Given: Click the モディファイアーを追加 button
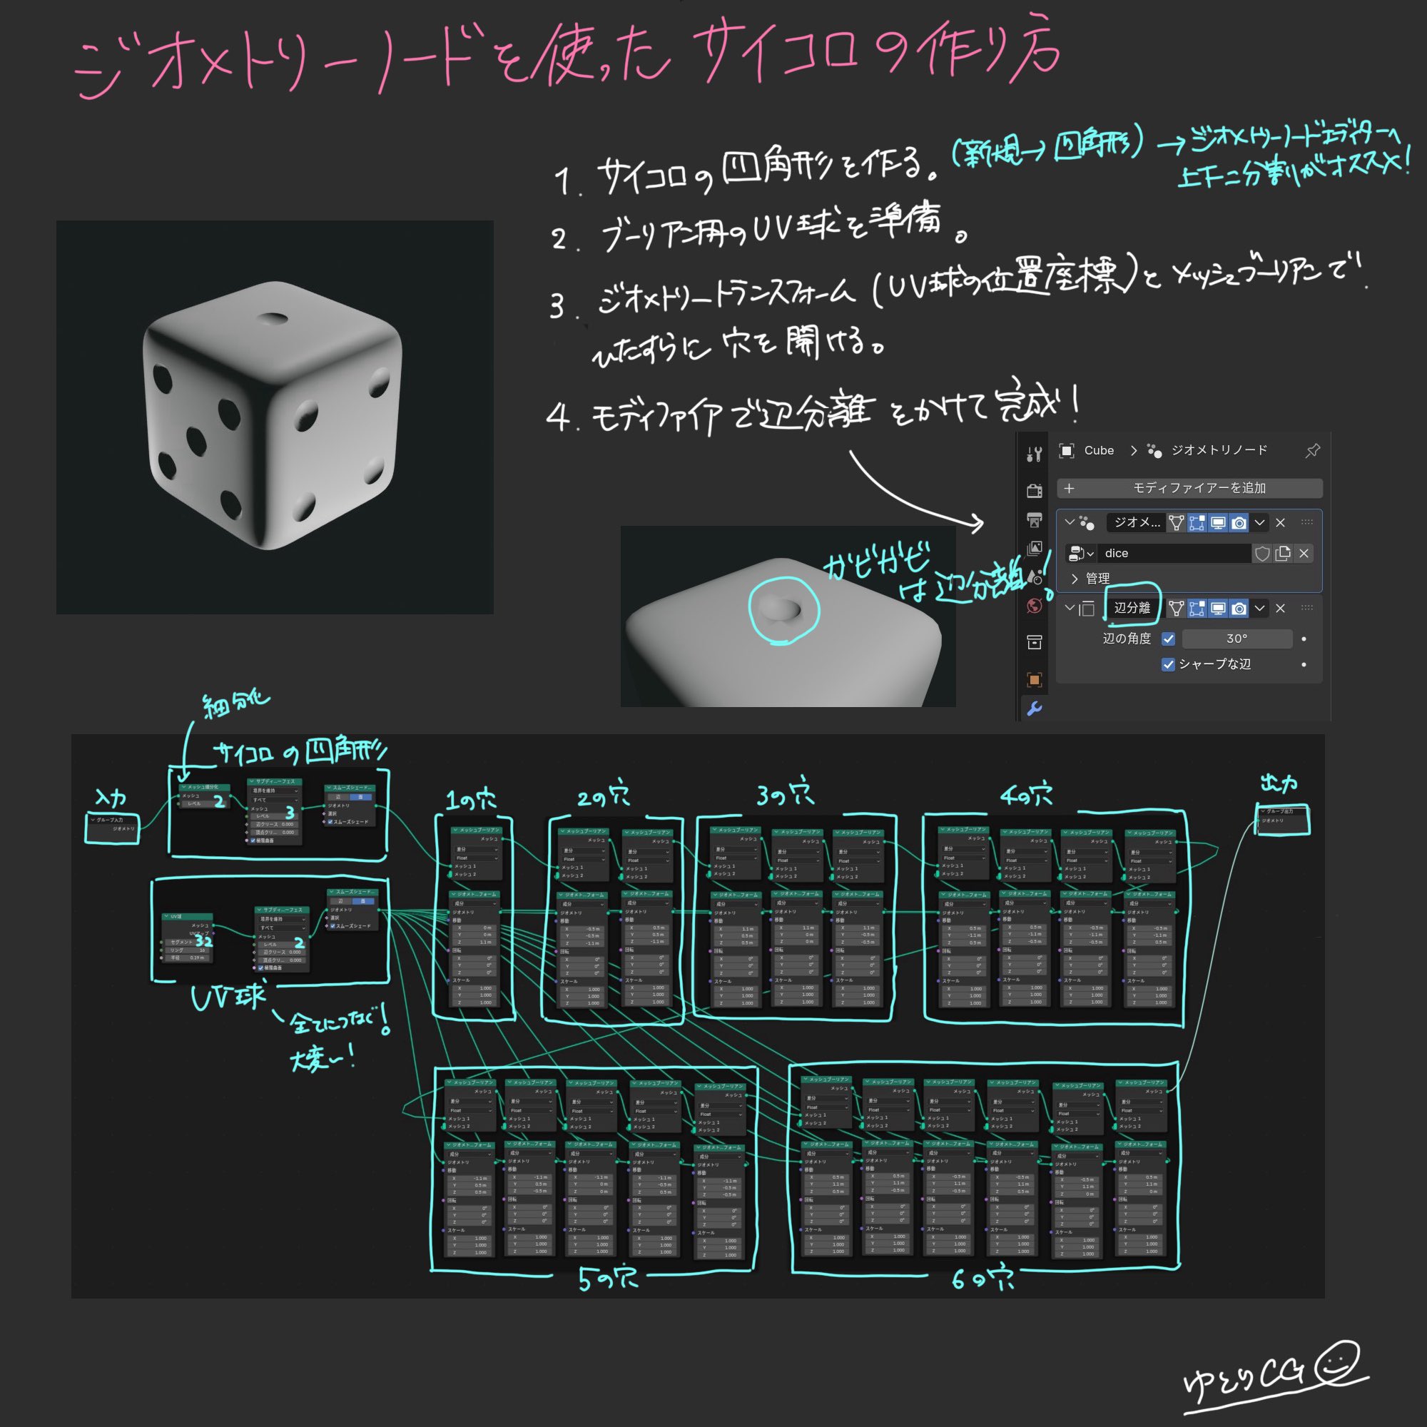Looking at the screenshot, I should (1189, 488).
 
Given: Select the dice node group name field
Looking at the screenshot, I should (1174, 553).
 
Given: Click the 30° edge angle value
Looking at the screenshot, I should (1237, 639).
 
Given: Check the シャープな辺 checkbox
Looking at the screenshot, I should (1169, 665).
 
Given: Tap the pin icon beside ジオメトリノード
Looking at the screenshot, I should (1313, 450).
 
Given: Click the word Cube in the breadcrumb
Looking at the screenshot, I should (1098, 450).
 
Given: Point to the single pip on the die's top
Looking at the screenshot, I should (274, 319).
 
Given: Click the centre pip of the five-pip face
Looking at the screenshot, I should (196, 441).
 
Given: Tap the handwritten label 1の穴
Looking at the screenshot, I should (471, 799).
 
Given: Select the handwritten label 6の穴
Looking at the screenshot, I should (982, 1279).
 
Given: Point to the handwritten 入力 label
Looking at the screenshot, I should (111, 798).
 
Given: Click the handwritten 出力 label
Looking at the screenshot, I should (1279, 783).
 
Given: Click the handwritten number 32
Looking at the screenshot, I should (204, 940).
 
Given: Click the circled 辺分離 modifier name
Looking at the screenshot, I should (1132, 608).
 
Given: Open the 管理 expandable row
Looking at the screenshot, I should (1097, 579).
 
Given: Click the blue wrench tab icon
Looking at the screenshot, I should (1034, 709).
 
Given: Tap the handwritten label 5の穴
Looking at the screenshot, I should (608, 1279).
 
